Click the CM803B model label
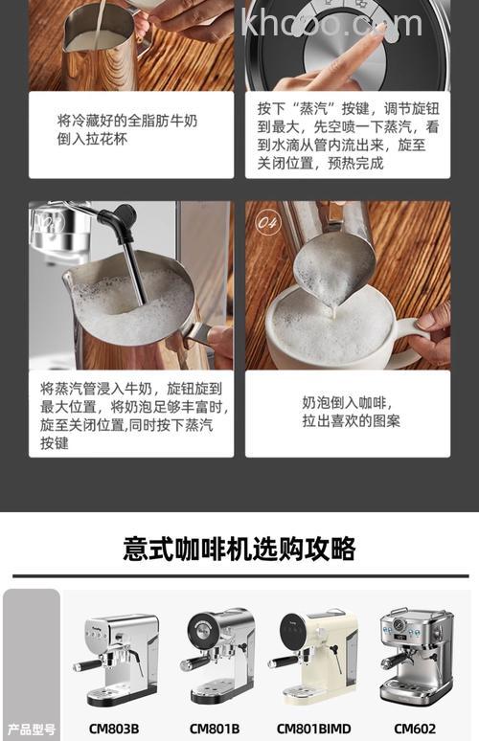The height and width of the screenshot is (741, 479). (x=114, y=729)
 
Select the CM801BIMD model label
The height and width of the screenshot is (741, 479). (x=314, y=729)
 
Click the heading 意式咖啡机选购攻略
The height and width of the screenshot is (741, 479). (x=239, y=549)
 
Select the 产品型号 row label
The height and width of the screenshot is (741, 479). (x=32, y=729)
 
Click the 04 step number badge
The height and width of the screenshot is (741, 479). (x=269, y=221)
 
